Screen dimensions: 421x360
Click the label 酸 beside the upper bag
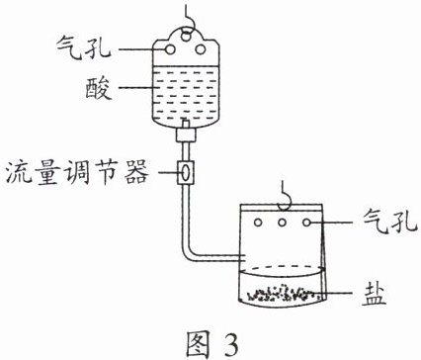point(99,88)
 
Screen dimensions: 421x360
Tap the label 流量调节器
point(77,172)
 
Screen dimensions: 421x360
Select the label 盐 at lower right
point(374,294)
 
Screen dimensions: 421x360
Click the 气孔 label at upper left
point(84,47)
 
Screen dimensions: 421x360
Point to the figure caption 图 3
point(211,344)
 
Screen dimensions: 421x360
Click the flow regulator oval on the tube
point(186,172)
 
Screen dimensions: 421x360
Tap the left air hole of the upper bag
point(170,49)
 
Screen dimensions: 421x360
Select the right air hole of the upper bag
point(201,49)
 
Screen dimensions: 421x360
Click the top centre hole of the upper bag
point(186,35)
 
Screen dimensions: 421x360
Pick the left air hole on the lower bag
point(258,223)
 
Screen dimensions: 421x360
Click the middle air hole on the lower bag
point(282,223)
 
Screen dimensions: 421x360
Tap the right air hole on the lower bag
point(307,223)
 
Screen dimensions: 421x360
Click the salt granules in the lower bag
point(281,293)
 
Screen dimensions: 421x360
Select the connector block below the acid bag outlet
point(186,135)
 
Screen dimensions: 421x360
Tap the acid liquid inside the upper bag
point(186,94)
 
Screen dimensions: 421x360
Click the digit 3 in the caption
point(229,345)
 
